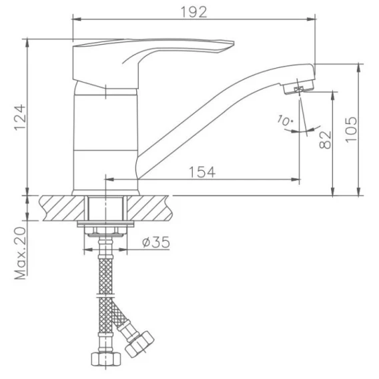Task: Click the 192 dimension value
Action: tap(194, 12)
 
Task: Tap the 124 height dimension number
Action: tap(20, 117)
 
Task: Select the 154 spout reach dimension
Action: tap(202, 172)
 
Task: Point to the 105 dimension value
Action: tap(351, 130)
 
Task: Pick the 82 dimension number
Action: tap(326, 139)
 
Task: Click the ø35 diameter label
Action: tap(156, 242)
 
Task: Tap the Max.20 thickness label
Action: tap(20, 253)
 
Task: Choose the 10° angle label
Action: tap(285, 120)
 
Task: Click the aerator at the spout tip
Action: tap(298, 87)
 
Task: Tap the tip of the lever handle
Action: tap(234, 43)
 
